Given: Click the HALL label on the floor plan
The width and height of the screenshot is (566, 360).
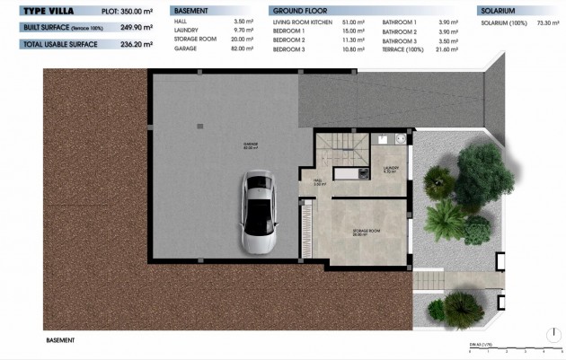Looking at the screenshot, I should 318,181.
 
